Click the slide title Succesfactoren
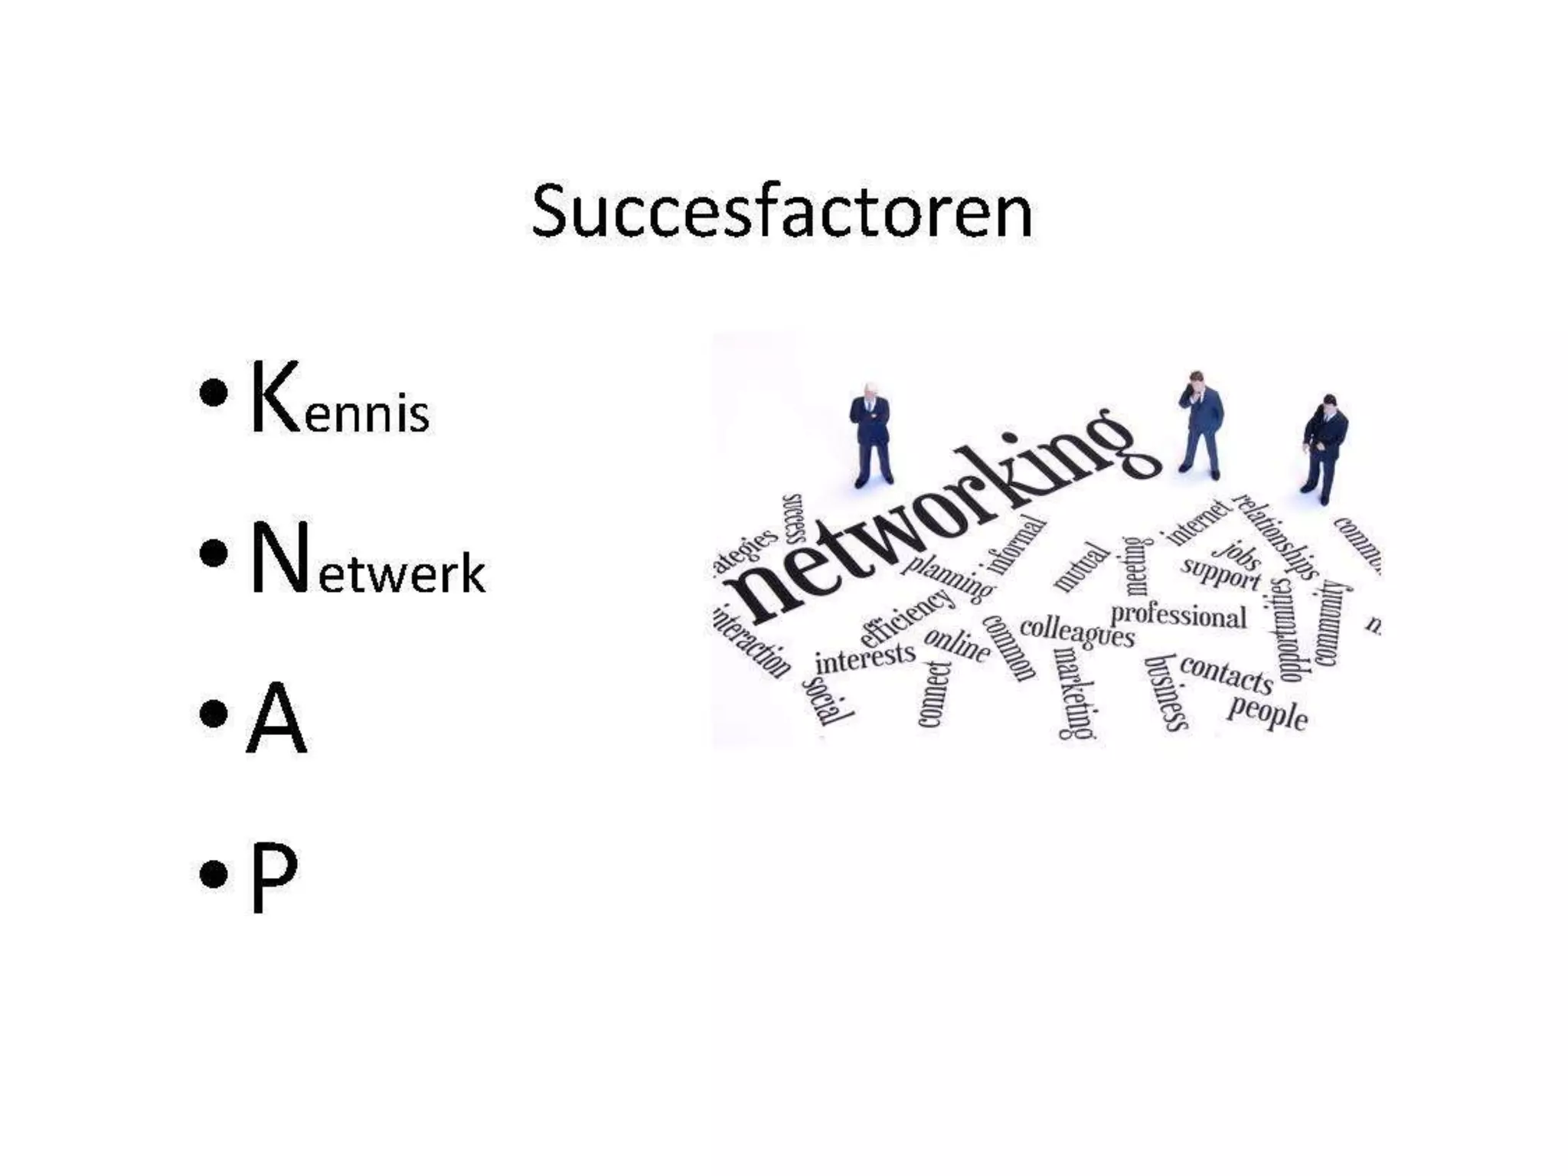(x=782, y=212)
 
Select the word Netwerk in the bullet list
(x=367, y=559)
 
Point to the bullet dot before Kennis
(x=213, y=394)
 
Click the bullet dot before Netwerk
(x=213, y=553)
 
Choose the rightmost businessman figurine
(x=1324, y=448)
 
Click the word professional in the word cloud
(x=1178, y=616)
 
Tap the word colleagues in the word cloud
(x=1077, y=632)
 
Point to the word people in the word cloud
(x=1267, y=712)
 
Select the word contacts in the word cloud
(x=1226, y=673)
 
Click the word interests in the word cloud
(x=865, y=658)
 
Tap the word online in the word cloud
(x=957, y=644)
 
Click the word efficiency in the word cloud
(x=907, y=617)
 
